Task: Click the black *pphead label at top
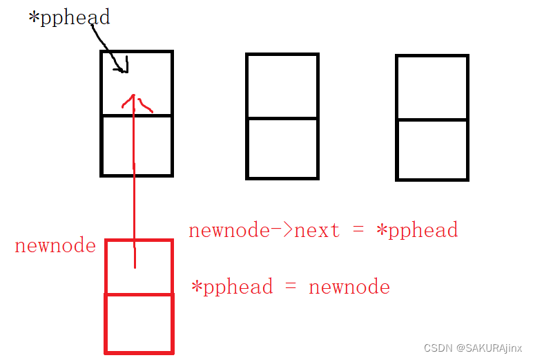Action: [69, 18]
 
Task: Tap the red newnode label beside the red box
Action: [55, 246]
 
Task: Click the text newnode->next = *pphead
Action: [323, 230]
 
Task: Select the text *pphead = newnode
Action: [291, 287]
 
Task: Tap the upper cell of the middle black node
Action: [282, 86]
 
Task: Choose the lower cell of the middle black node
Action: [282, 148]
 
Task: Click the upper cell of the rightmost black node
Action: [432, 87]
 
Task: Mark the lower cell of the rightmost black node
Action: [432, 149]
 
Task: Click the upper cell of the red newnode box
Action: [155, 267]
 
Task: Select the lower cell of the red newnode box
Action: [139, 323]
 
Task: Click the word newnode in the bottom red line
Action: [349, 287]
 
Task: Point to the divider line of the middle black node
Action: [282, 118]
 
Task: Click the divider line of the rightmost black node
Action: [432, 120]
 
